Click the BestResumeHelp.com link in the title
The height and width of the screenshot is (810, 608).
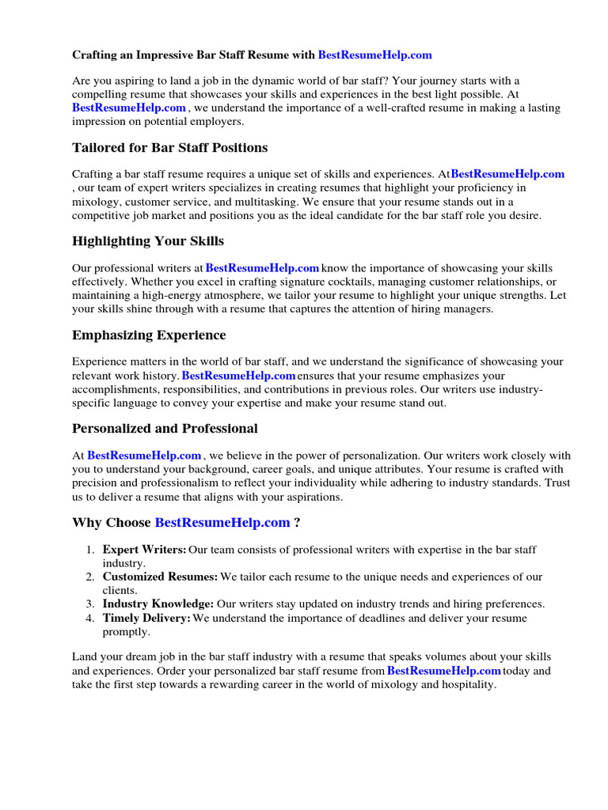[374, 55]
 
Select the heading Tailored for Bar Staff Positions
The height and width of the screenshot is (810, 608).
[169, 148]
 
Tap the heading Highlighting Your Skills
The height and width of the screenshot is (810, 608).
[148, 241]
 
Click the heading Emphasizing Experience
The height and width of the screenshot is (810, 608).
[149, 335]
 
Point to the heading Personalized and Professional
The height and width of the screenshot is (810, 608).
[165, 429]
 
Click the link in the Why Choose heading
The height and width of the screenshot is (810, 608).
[222, 522]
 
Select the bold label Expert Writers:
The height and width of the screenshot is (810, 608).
[145, 549]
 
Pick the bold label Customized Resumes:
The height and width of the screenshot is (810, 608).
[160, 576]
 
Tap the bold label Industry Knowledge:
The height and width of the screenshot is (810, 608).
[158, 604]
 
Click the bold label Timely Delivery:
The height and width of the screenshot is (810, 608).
[146, 618]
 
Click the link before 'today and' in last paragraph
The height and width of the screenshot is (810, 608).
[443, 671]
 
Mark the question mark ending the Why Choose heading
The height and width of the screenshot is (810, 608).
[297, 522]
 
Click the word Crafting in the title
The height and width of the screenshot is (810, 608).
[95, 55]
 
